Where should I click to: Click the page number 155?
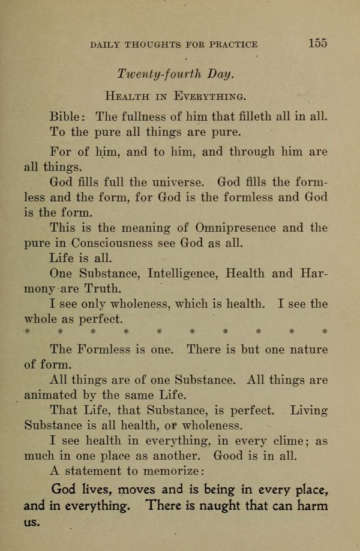318,43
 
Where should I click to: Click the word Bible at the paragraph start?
68,116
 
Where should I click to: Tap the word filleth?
245,116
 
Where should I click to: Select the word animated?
50,396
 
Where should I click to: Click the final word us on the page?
31,523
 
